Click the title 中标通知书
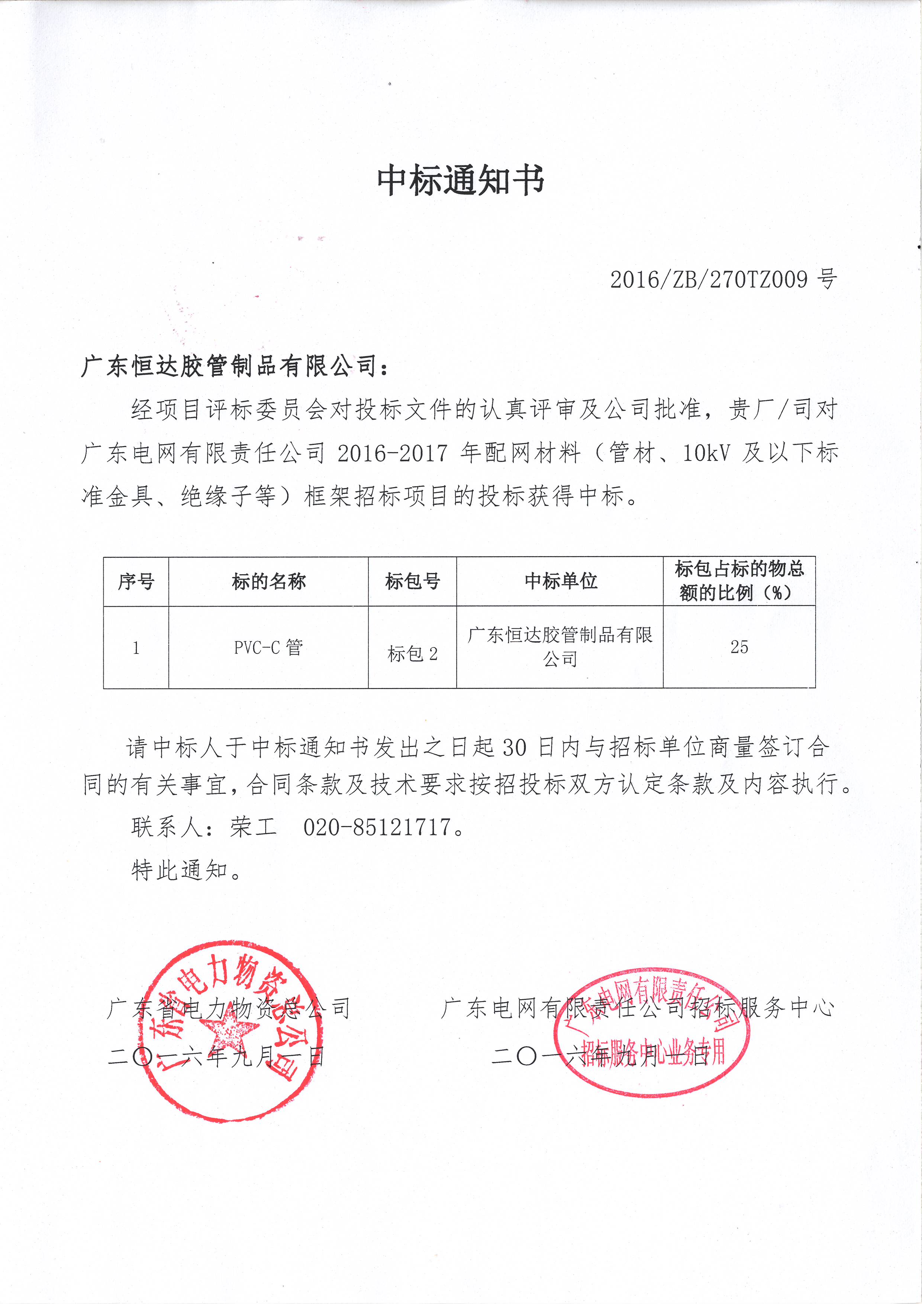[461, 181]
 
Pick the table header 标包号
[412, 581]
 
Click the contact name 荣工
[254, 827]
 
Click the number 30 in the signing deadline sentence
[514, 748]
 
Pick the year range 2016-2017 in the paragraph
[392, 453]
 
